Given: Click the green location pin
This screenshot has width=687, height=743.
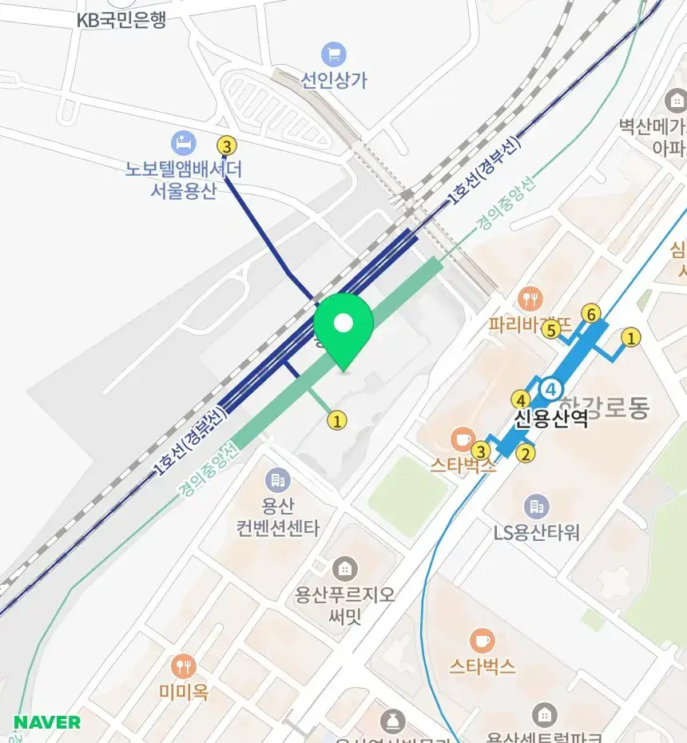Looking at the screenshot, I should (343, 328).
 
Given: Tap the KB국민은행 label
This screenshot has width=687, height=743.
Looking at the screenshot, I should (121, 21).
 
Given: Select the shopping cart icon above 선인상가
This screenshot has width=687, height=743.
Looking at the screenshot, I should (334, 55).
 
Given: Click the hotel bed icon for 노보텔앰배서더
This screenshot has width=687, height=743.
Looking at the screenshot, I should (184, 145).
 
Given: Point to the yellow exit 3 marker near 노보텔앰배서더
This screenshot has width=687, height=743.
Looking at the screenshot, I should (227, 146).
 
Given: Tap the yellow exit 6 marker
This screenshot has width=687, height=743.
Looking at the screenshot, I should (590, 314).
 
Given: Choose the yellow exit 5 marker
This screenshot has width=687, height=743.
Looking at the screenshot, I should (550, 330).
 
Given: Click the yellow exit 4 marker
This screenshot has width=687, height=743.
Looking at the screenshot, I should (521, 399).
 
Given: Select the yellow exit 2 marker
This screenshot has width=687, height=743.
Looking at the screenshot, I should (526, 454).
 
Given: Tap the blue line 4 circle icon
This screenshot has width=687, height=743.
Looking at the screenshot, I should (551, 389).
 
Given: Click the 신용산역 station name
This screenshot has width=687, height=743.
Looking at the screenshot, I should (551, 418).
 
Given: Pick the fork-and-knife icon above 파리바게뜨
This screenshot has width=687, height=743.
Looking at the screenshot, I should (529, 300).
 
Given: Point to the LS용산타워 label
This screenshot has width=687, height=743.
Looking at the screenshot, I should (537, 532).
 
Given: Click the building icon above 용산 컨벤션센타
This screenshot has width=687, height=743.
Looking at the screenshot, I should (278, 480).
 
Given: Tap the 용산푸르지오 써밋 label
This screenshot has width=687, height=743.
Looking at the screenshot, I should (345, 605).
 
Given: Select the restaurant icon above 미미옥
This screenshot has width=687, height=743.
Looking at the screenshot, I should (184, 666).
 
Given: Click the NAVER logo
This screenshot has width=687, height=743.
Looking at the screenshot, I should (47, 723).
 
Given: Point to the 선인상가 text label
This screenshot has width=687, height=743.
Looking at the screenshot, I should (334, 80).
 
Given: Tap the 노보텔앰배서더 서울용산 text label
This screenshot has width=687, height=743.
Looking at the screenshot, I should (183, 180).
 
